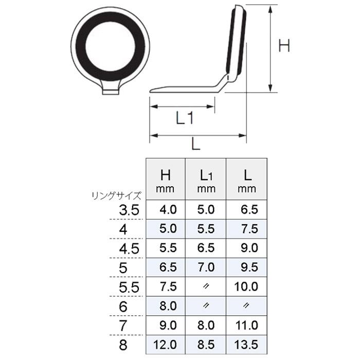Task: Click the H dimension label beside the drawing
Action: click(x=284, y=45)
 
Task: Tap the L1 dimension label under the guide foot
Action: click(x=185, y=118)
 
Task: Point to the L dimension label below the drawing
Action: click(x=196, y=145)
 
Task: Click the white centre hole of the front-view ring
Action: click(x=110, y=46)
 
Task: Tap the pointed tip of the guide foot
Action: click(x=150, y=92)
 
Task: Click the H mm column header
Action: click(x=166, y=182)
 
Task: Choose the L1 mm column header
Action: click(x=206, y=182)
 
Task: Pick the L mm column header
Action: click(x=247, y=182)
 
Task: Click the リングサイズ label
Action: click(x=116, y=196)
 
